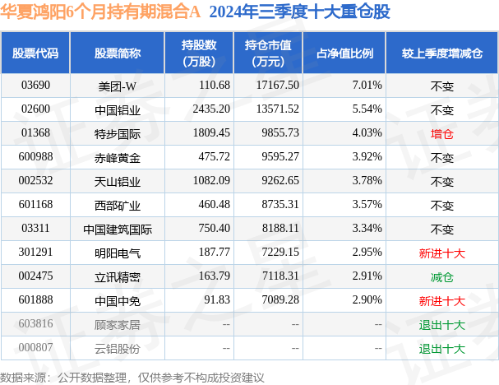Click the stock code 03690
[35, 85]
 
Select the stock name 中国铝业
[117, 109]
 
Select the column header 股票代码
[35, 53]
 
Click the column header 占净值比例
[345, 53]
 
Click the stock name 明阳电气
[117, 253]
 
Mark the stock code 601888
[35, 301]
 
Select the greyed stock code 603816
[35, 325]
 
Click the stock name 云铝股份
[117, 349]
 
